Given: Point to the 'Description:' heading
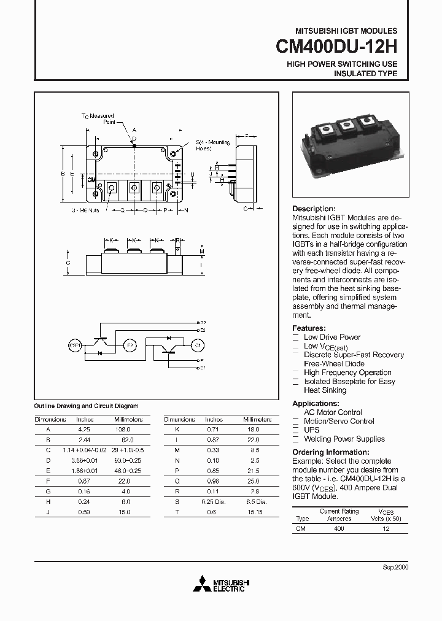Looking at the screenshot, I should pyautogui.click(x=314, y=209).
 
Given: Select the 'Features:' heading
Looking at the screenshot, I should pyautogui.click(x=309, y=328).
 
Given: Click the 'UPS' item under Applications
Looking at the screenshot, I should pyautogui.click(x=312, y=430).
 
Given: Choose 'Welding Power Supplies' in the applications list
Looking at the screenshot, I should pyautogui.click(x=344, y=439).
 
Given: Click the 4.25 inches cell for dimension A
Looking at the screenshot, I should pyautogui.click(x=85, y=430).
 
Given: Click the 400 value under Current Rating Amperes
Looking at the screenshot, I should pyautogui.click(x=338, y=528).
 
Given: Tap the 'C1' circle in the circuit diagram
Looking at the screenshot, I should pyautogui.click(x=198, y=345).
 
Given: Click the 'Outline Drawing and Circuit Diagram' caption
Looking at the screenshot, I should pyautogui.click(x=86, y=406).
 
